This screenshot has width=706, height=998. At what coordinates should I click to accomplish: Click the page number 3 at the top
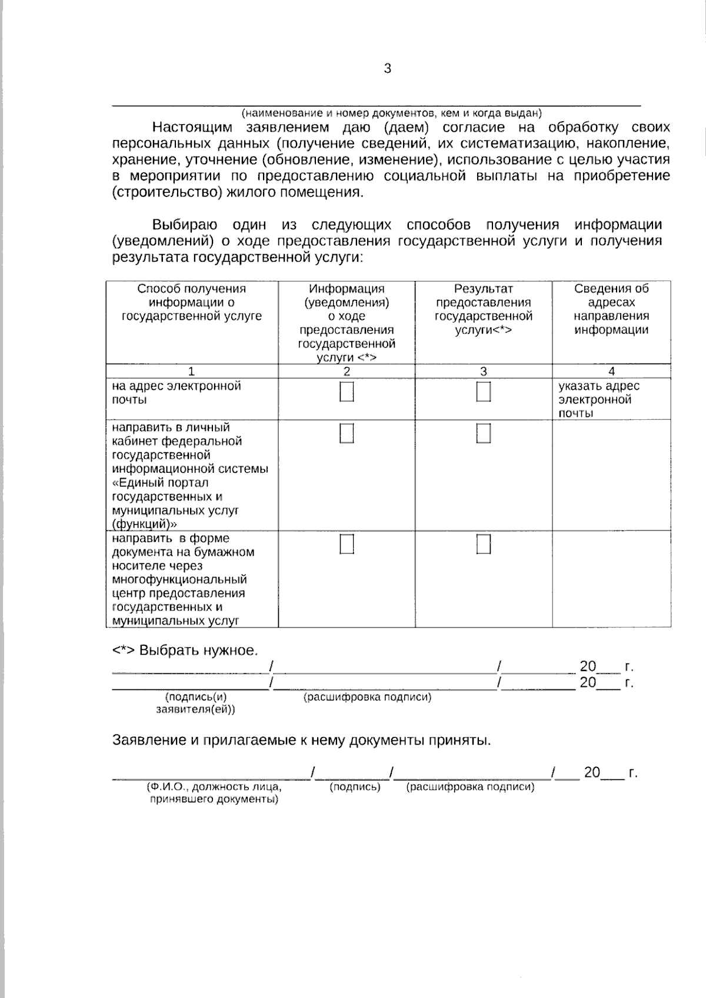(387, 69)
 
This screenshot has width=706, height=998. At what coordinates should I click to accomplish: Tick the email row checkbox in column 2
(347, 392)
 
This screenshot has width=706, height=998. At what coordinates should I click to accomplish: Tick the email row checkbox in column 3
(484, 392)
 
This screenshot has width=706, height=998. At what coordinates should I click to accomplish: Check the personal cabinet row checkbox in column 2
(347, 433)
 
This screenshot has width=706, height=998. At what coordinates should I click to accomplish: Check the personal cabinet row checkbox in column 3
(484, 433)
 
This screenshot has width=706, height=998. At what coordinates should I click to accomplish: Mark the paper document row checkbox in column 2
(347, 545)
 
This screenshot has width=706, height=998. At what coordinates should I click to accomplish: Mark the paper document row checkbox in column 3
(484, 545)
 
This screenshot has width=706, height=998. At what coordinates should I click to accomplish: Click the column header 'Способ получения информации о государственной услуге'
(192, 302)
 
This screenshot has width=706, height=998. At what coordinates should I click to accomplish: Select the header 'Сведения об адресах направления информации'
(611, 309)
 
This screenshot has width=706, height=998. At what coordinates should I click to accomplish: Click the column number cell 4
(611, 371)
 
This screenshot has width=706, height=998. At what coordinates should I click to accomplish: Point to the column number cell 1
(191, 371)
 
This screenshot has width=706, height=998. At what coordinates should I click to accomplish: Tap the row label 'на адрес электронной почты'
(176, 393)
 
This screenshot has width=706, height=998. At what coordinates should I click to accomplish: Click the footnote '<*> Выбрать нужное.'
(185, 650)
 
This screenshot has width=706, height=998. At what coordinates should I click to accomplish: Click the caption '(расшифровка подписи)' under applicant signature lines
(367, 697)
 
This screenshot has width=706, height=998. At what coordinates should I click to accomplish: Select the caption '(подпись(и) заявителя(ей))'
(196, 703)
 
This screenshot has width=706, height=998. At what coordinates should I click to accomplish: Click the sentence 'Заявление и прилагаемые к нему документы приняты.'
(301, 740)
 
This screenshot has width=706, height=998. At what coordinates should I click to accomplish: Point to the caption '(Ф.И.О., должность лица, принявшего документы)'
(214, 793)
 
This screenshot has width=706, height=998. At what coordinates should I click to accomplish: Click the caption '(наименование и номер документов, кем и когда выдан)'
(392, 113)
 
